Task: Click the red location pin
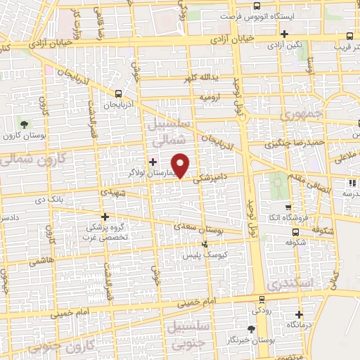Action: click(x=182, y=165)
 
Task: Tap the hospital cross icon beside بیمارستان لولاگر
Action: click(x=153, y=162)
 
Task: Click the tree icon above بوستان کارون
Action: click(x=25, y=124)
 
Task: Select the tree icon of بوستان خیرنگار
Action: click(x=251, y=328)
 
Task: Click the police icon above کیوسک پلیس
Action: click(x=205, y=243)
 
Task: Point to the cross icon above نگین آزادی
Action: click(x=284, y=34)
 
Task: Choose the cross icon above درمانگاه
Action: click(x=300, y=314)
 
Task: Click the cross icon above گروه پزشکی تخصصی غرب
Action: click(x=105, y=217)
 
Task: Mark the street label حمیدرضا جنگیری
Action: click(x=288, y=145)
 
